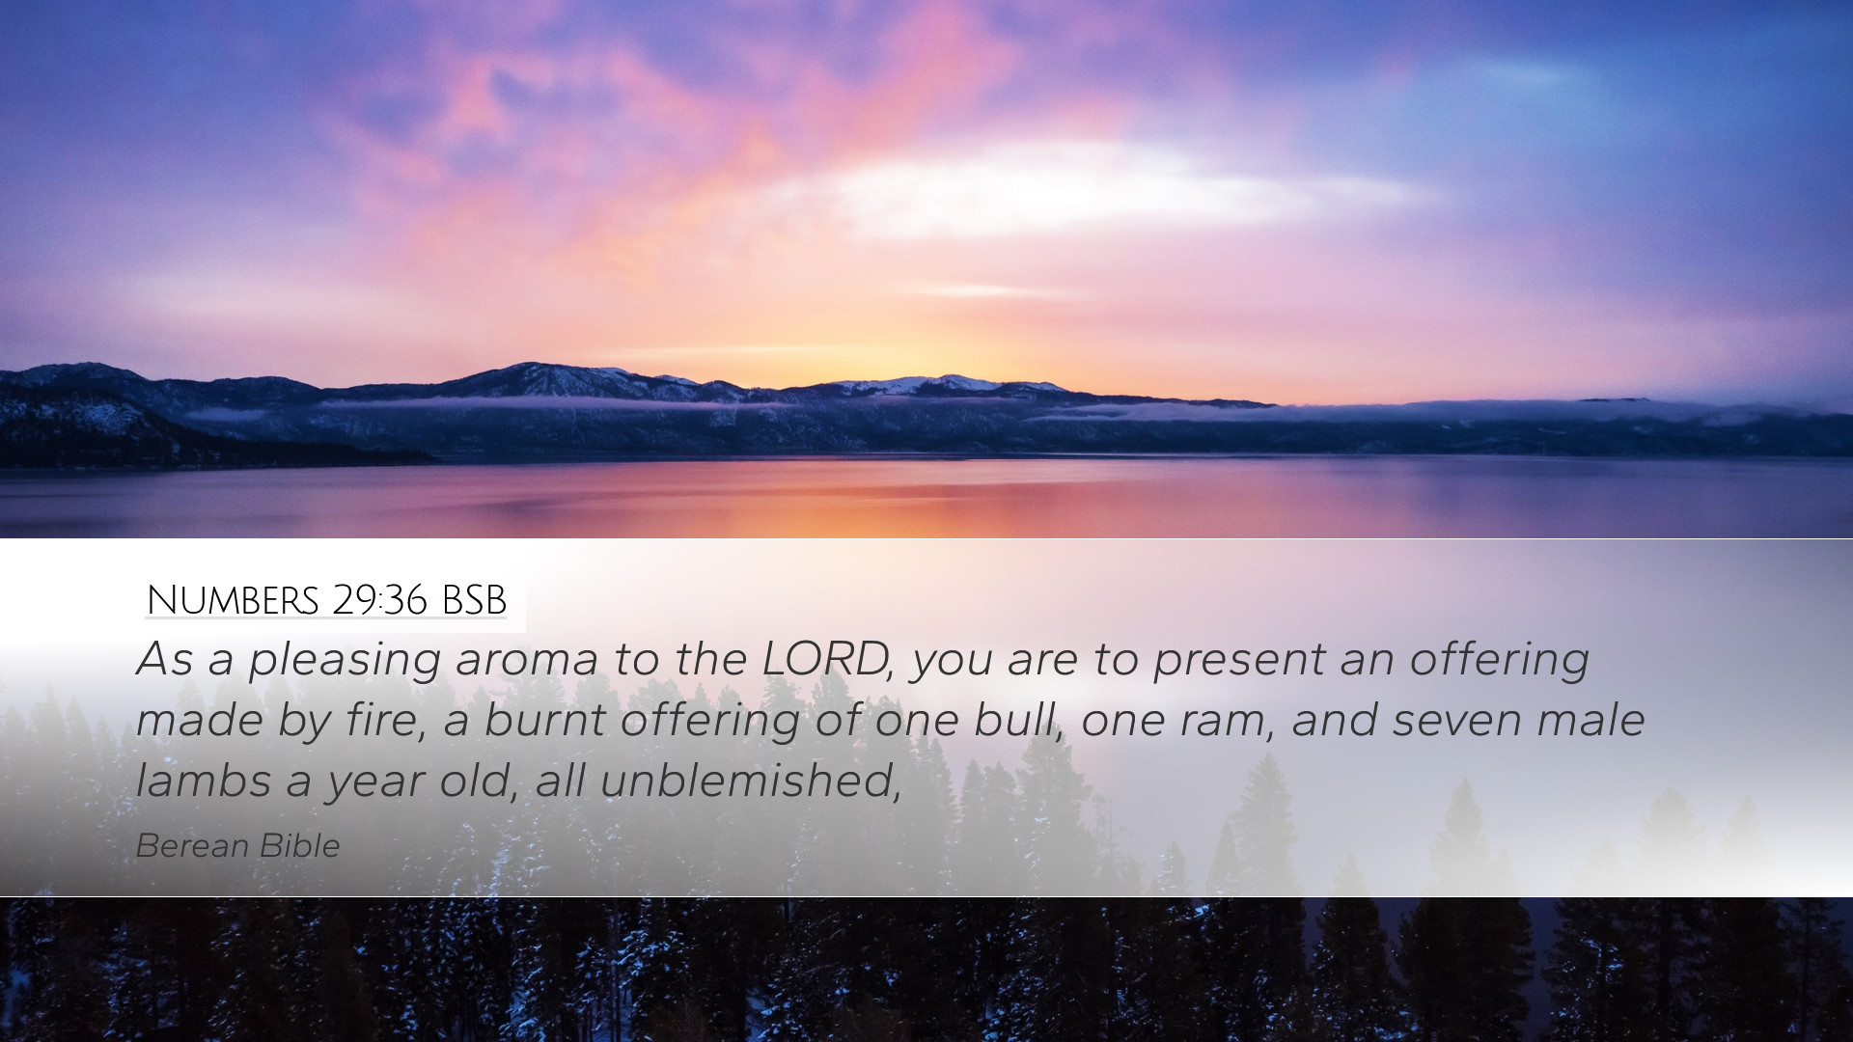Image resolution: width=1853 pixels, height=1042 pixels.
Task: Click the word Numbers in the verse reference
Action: pos(233,600)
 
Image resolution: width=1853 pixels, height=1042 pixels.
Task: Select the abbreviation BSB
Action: pos(474,600)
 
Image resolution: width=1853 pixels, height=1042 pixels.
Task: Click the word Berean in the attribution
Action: pos(192,846)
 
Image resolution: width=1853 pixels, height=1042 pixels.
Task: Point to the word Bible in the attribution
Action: pos(300,846)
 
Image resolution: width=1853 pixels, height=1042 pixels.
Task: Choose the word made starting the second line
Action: pos(199,720)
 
